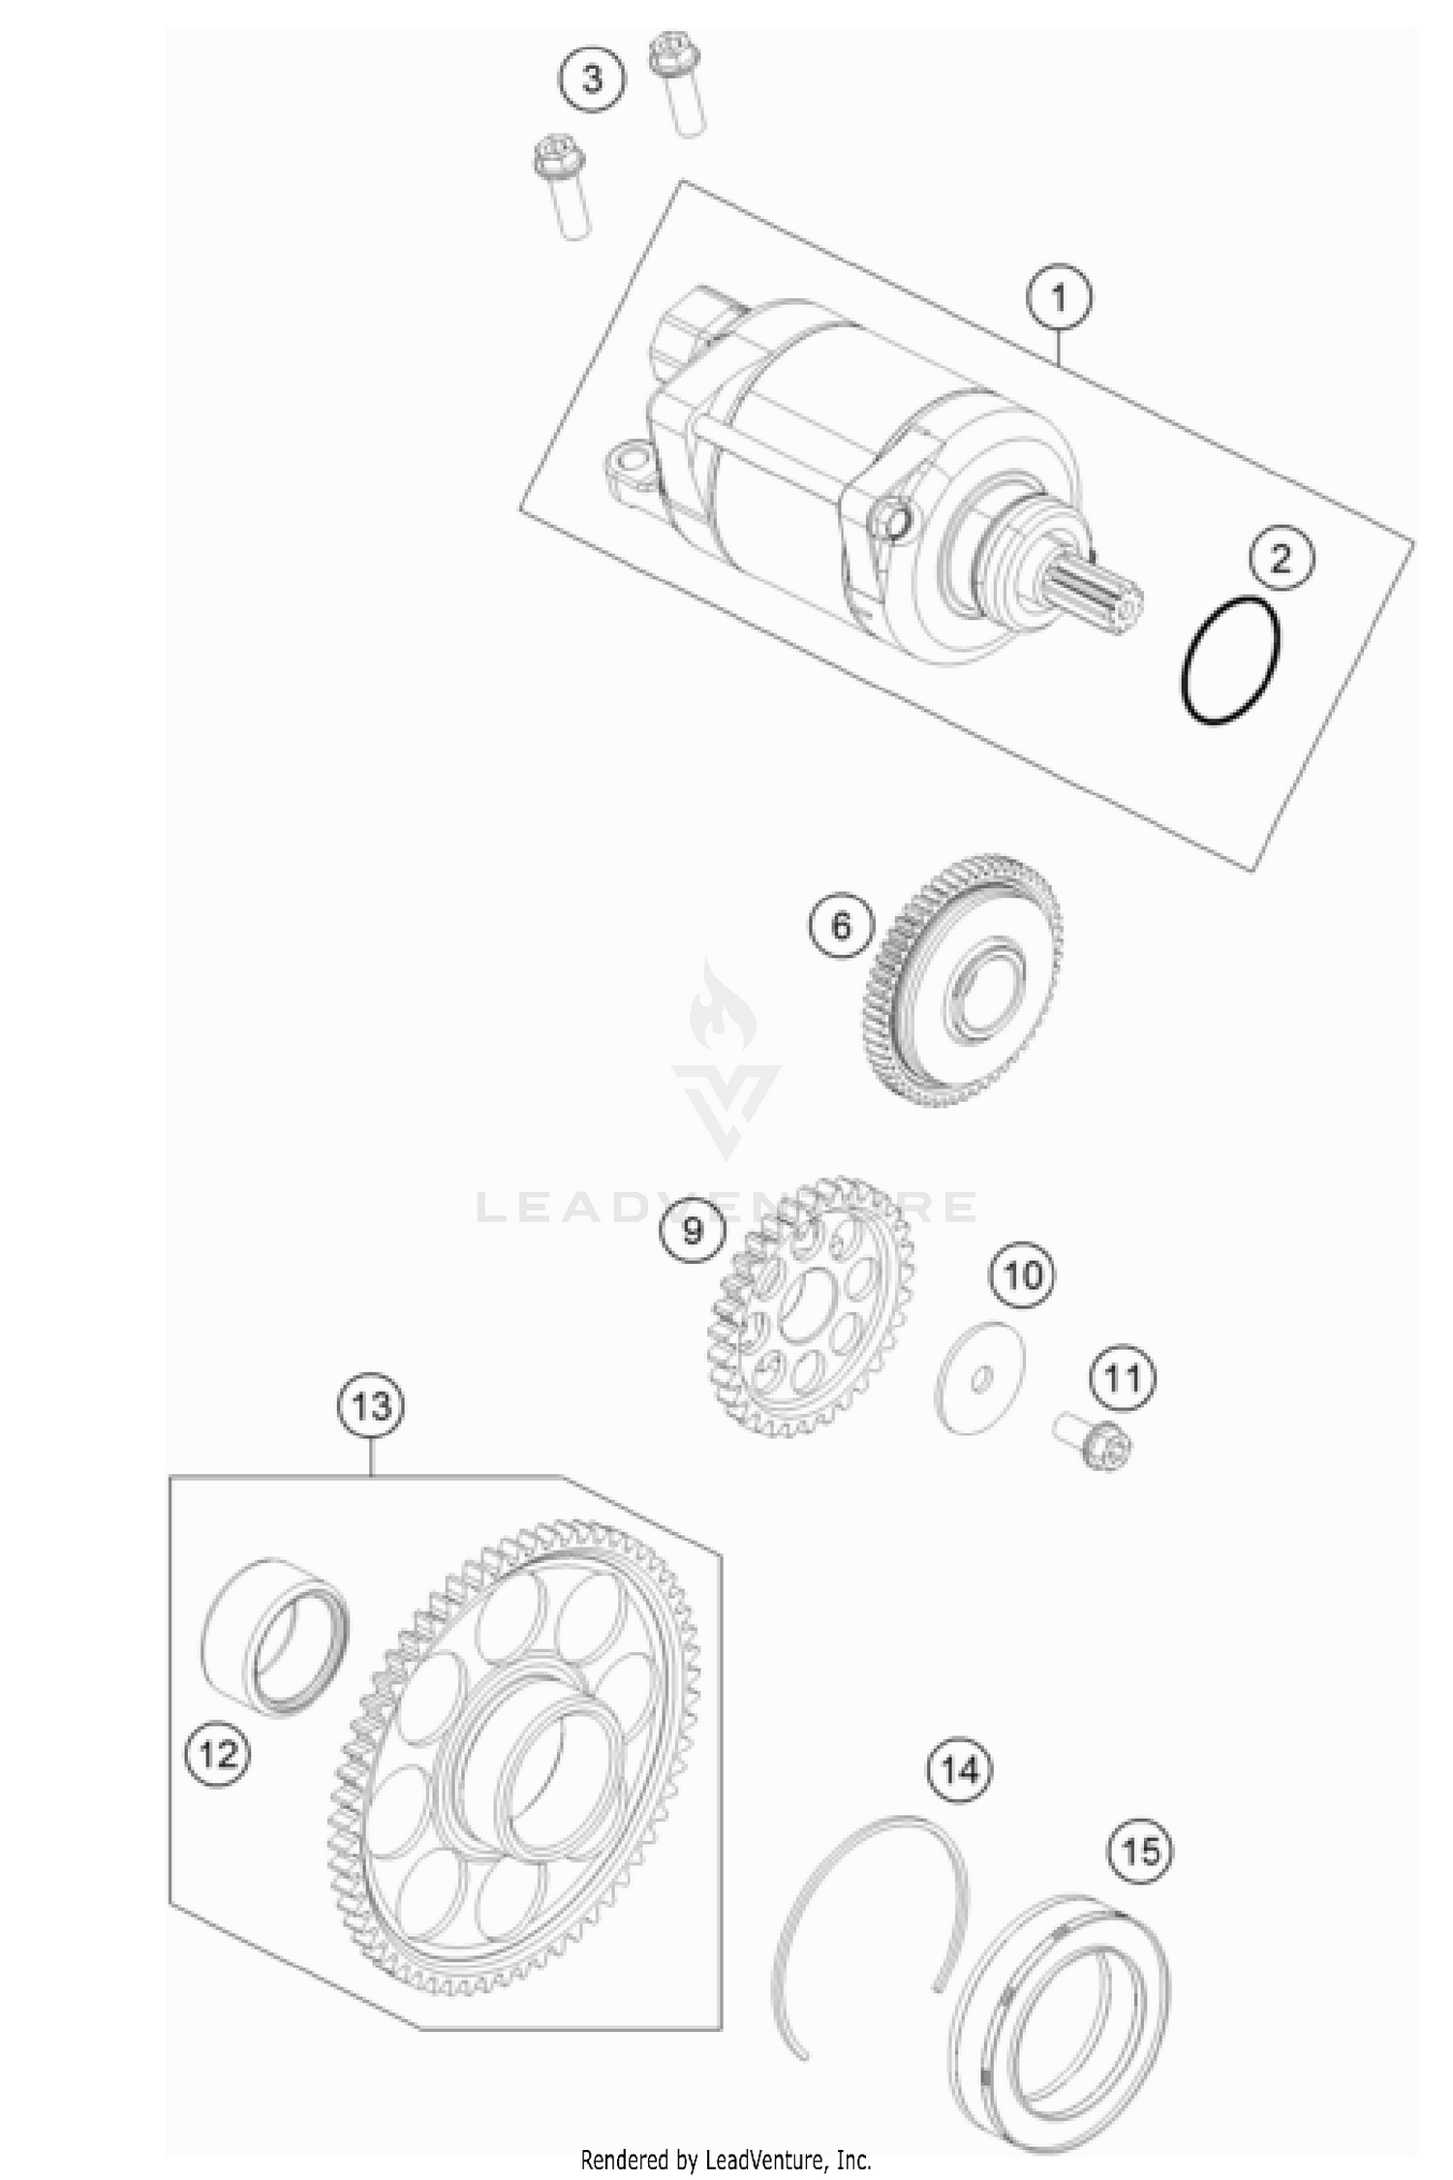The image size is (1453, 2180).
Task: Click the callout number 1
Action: (1059, 297)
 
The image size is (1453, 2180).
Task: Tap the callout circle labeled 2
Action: (1282, 559)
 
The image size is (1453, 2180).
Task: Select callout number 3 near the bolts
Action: (592, 77)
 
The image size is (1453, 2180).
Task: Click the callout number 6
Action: (841, 926)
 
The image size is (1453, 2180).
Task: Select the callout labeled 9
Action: (693, 1231)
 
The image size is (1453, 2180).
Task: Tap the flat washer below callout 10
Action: (979, 1376)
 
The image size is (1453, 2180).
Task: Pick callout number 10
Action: (1022, 1275)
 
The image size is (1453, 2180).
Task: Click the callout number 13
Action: (372, 1405)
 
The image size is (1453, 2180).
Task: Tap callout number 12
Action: (217, 1753)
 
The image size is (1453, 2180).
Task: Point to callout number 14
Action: (960, 1770)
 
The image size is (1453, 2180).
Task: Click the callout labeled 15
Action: (1140, 1852)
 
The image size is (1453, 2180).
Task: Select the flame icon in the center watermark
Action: (723, 1010)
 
